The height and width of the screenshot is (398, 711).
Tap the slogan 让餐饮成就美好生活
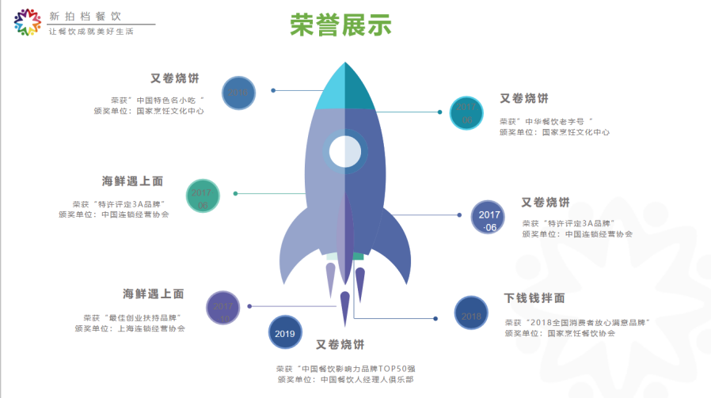coord(91,32)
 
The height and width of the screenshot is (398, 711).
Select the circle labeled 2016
coord(239,93)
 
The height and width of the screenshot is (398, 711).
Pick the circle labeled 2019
coord(285,334)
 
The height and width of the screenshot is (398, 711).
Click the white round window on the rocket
coord(345,151)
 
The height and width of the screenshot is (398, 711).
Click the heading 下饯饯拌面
coord(535,298)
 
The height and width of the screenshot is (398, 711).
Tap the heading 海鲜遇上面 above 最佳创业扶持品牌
coord(153,294)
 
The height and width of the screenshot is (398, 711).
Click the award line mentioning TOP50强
coord(344,368)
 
